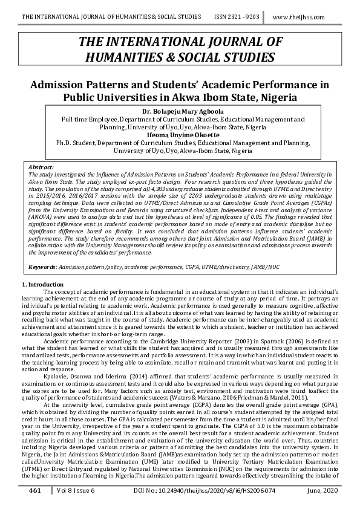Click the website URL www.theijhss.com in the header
point(307,17)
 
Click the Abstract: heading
point(41,166)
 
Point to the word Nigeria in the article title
point(275,97)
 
